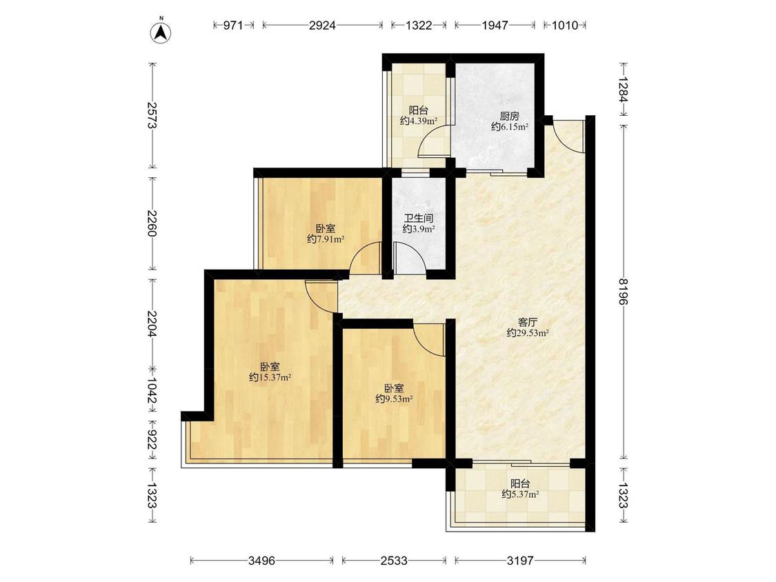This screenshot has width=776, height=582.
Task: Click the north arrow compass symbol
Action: point(161,31)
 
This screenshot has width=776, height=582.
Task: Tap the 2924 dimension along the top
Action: point(322,26)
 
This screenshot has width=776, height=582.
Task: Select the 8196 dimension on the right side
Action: point(623,291)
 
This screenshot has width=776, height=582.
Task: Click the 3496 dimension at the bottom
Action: point(262,561)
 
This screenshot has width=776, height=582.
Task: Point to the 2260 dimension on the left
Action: point(152,223)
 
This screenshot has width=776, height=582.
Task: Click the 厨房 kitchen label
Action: point(509,117)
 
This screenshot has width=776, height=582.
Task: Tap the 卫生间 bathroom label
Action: point(419,218)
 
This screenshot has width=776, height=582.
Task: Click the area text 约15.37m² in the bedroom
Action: point(270,378)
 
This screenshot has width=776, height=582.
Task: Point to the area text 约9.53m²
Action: point(394,399)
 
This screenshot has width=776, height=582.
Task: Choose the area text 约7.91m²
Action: point(326,239)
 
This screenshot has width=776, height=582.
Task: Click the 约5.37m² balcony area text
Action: point(520,494)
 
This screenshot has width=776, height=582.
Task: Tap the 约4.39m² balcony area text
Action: point(419,121)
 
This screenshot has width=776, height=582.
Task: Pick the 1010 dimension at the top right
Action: point(565,26)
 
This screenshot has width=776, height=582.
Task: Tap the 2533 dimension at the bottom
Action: point(394,561)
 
